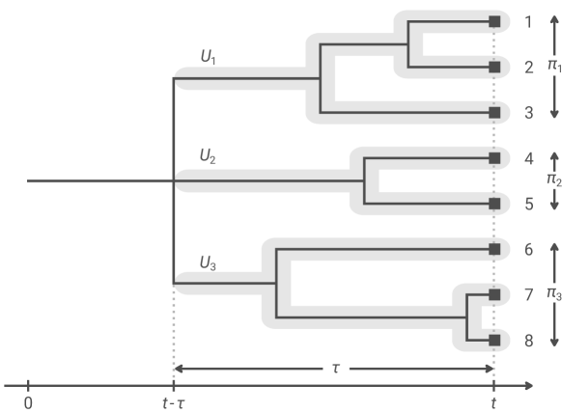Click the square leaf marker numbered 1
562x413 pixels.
[x=494, y=21]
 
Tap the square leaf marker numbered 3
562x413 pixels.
[x=494, y=113]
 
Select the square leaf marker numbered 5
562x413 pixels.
[x=494, y=204]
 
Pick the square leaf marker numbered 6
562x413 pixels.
[x=494, y=249]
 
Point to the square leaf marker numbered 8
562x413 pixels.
[x=494, y=340]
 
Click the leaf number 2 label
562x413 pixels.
[x=527, y=68]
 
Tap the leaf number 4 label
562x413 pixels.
[x=527, y=158]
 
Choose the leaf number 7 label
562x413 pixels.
[x=527, y=294]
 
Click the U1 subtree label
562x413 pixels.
[x=209, y=59]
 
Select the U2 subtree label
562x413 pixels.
[x=209, y=154]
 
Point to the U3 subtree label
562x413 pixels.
[x=209, y=262]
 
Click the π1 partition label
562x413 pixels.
[x=553, y=66]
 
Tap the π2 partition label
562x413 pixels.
[x=553, y=179]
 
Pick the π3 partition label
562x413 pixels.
[x=553, y=293]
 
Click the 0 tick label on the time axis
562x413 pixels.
[x=29, y=401]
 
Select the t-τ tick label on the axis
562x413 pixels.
[x=173, y=402]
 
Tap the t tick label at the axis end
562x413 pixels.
[x=494, y=402]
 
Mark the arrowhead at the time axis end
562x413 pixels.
[x=530, y=386]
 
